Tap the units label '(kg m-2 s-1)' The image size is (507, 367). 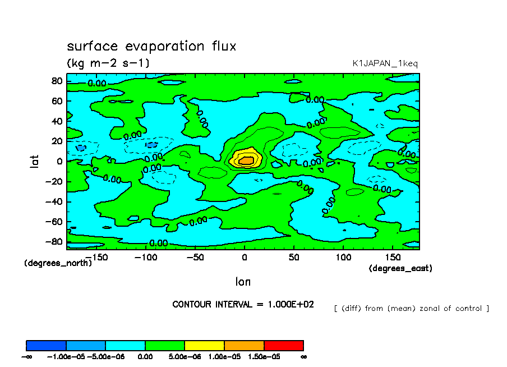(x=108, y=63)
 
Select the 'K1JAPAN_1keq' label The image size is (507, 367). (x=385, y=64)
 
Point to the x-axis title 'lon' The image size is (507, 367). (x=243, y=281)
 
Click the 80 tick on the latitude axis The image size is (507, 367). (x=56, y=81)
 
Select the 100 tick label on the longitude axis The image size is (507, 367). (x=343, y=257)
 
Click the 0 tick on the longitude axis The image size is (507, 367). (x=244, y=257)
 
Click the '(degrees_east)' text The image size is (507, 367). (x=400, y=268)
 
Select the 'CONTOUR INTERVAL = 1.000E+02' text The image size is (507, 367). (x=243, y=304)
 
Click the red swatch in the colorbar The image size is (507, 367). (x=283, y=345)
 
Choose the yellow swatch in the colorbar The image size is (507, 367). (x=204, y=345)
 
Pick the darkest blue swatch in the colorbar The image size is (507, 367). (x=46, y=345)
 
